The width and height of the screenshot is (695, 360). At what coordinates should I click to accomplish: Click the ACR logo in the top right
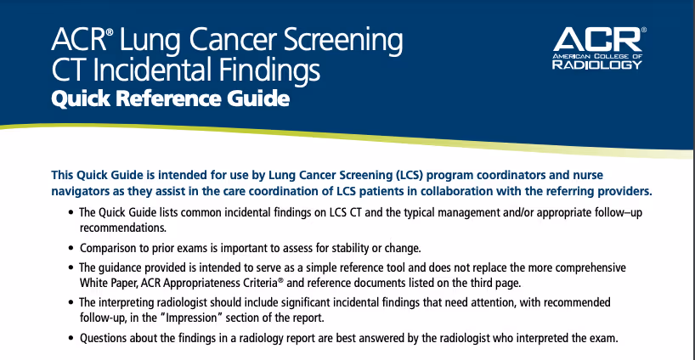(x=599, y=48)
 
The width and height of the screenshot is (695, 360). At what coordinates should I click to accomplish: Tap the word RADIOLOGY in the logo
(x=597, y=65)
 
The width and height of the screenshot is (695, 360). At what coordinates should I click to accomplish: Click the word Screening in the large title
(x=343, y=42)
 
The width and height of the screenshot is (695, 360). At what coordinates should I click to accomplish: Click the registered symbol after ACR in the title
(x=110, y=32)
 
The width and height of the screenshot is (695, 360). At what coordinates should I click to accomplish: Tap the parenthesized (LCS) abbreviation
(x=408, y=175)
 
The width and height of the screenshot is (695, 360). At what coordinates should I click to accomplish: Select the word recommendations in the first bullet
(x=123, y=228)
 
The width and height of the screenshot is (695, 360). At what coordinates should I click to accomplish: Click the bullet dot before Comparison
(x=71, y=248)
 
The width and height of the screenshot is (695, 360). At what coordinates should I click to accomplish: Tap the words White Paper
(x=108, y=283)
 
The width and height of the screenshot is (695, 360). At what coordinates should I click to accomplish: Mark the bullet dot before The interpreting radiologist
(x=71, y=302)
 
